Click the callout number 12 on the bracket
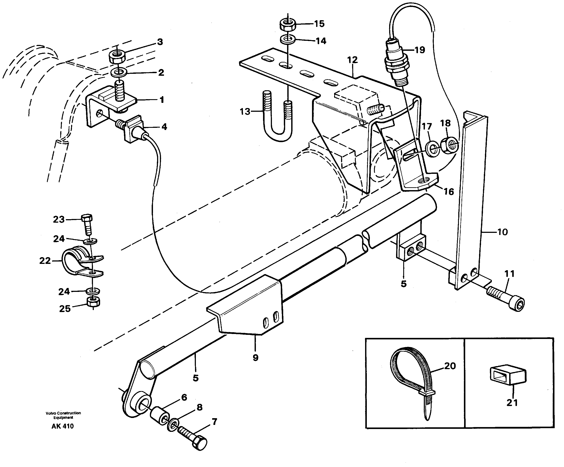pos(352,60)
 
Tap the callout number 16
pos(449,192)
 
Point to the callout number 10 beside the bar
pos(502,232)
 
